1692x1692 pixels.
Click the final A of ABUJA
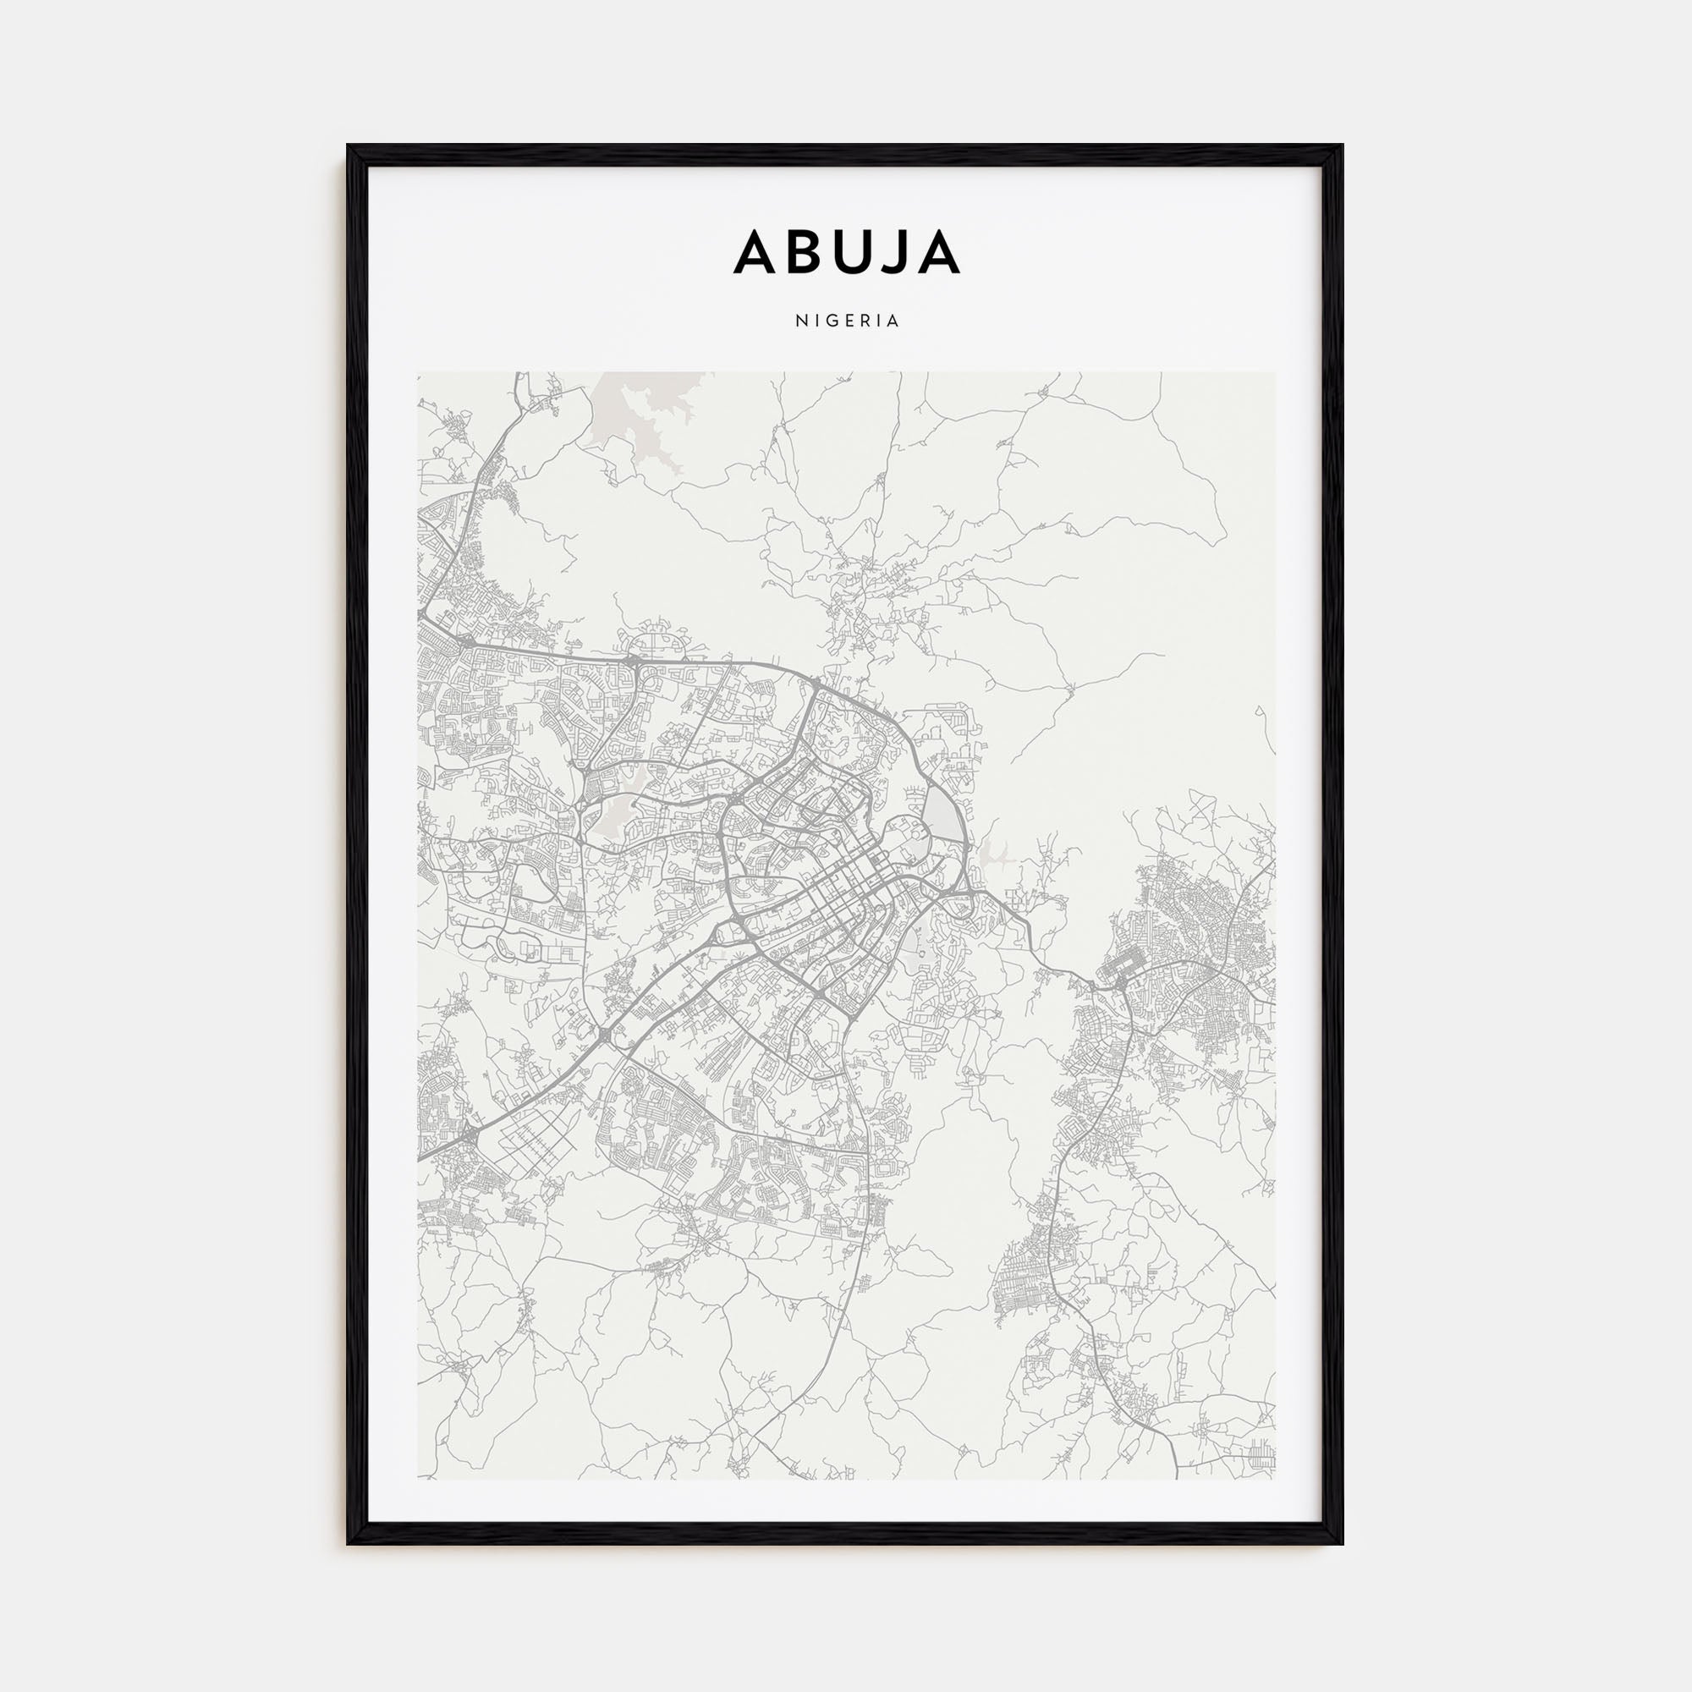938,253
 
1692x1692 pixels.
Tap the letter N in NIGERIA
799,321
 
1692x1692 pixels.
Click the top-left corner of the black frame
349,146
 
